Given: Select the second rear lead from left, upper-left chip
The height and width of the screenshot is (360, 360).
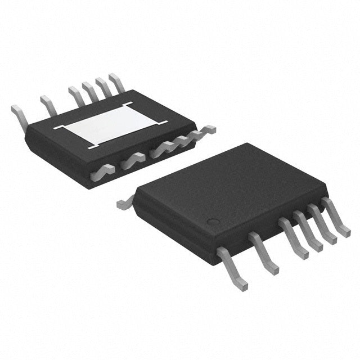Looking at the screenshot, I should [47, 105].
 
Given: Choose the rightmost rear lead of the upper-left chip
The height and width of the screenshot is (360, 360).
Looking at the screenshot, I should [116, 82].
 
